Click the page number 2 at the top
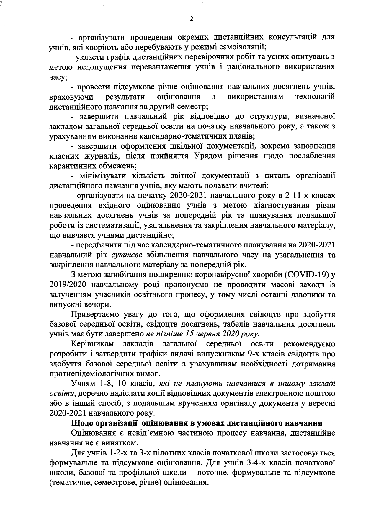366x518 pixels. coord(191,19)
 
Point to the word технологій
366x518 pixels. coord(315,97)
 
